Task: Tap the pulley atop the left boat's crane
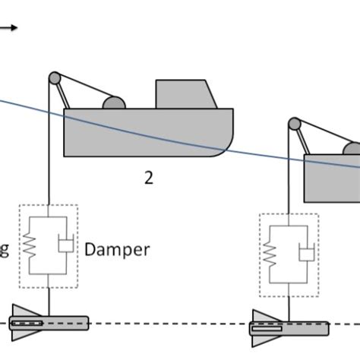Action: (x=54, y=77)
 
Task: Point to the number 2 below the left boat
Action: (x=149, y=179)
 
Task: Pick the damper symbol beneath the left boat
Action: (x=65, y=245)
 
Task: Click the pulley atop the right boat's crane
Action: (x=294, y=123)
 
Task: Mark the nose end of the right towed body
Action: (x=325, y=328)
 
